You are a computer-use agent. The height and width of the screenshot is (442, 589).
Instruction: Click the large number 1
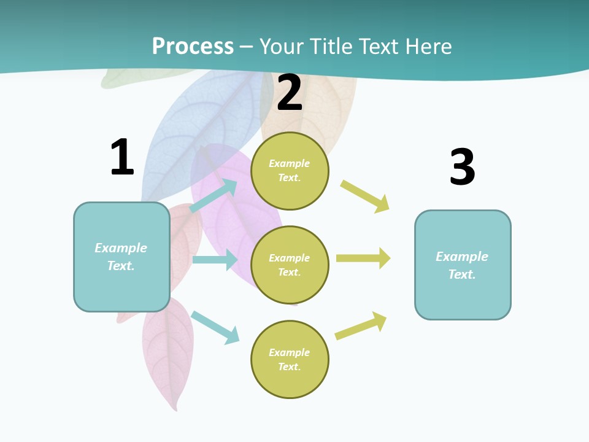(x=122, y=158)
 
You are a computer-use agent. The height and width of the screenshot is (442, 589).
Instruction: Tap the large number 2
(x=290, y=93)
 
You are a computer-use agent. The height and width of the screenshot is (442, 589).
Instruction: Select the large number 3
(x=462, y=167)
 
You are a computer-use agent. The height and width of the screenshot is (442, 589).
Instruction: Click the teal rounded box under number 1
(x=121, y=257)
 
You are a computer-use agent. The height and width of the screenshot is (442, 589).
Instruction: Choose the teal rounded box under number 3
(x=463, y=265)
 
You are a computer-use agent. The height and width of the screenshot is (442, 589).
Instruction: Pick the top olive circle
(x=290, y=171)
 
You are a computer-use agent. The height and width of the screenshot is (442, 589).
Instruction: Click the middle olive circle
(x=290, y=265)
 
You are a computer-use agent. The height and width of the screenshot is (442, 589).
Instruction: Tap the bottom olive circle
(x=290, y=359)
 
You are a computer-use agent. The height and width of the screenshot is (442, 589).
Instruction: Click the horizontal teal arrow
(x=215, y=260)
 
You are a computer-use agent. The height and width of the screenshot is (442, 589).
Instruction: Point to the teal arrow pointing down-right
(x=215, y=327)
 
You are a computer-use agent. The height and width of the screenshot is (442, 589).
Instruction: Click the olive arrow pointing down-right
(x=365, y=196)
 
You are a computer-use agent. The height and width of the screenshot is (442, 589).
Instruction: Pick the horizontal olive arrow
(x=363, y=258)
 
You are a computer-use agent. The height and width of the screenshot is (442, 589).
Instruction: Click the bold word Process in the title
(x=193, y=47)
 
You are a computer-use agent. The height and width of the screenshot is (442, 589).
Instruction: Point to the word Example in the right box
(x=462, y=257)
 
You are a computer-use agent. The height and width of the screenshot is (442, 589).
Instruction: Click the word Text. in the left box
(x=121, y=266)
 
